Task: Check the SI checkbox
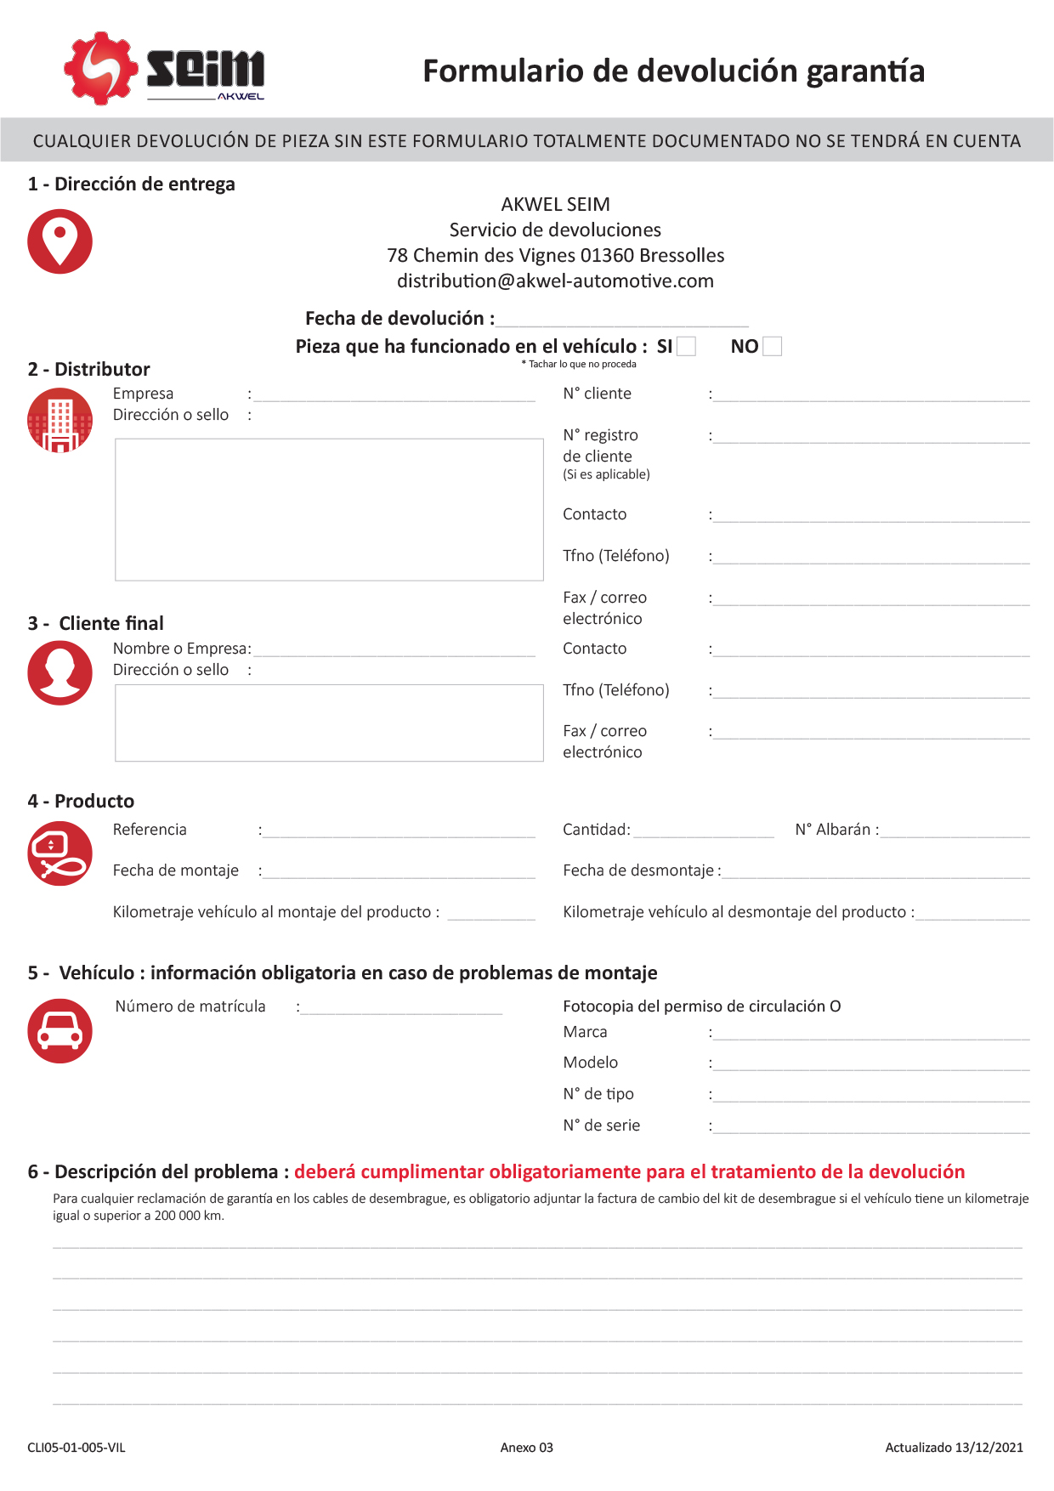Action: [x=687, y=346]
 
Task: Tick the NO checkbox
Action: [x=773, y=346]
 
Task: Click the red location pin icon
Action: [x=59, y=241]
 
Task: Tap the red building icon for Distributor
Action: [x=59, y=420]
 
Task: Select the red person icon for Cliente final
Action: [x=59, y=672]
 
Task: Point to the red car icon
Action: [x=59, y=1030]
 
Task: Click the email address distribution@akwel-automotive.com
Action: [x=555, y=281]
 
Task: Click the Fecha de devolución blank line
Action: [x=622, y=320]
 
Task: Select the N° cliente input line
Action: [x=871, y=395]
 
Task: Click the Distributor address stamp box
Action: [x=329, y=509]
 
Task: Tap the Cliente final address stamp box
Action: [x=329, y=723]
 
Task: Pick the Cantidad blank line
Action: [x=704, y=832]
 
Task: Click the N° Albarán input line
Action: [x=955, y=832]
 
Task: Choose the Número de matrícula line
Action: [x=402, y=1009]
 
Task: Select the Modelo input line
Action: [x=871, y=1065]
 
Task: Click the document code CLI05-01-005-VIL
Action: [x=76, y=1448]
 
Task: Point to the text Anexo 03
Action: [x=526, y=1448]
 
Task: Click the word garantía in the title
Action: [x=865, y=71]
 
